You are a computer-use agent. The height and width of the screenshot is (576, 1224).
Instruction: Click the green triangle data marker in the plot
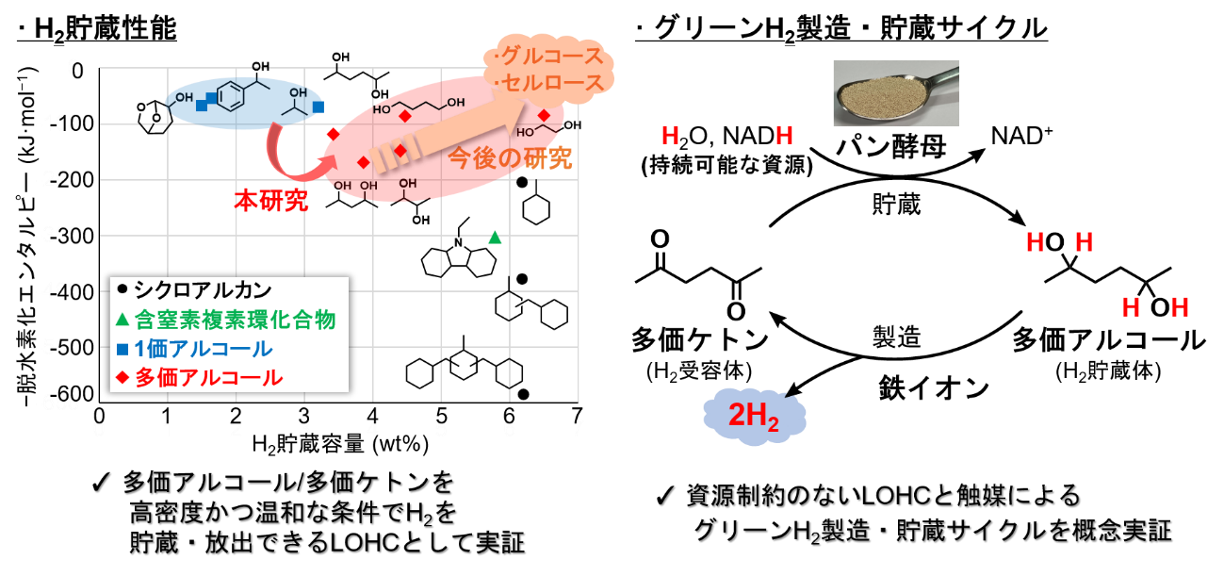(x=495, y=238)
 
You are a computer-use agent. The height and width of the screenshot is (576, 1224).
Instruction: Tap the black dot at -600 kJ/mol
(x=524, y=394)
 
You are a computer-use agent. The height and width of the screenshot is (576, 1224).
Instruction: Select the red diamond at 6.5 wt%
(x=544, y=115)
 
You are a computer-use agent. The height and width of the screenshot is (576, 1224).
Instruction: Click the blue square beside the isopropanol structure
(x=318, y=107)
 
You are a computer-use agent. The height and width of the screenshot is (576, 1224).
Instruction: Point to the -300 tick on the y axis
(x=72, y=236)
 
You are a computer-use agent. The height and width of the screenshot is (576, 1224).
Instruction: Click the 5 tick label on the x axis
(x=441, y=417)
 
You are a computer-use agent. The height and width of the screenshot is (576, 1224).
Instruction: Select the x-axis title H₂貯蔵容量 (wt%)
(x=340, y=444)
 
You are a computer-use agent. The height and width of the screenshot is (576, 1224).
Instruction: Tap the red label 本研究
(x=271, y=201)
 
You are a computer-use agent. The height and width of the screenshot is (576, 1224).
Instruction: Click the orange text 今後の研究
(x=509, y=158)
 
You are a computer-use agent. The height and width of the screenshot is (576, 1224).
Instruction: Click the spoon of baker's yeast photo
(x=896, y=93)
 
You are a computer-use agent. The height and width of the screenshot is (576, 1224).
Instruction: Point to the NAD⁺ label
(x=1021, y=136)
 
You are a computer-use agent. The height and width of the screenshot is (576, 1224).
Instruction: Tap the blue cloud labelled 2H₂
(x=754, y=417)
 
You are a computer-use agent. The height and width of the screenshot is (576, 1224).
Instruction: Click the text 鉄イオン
(x=933, y=388)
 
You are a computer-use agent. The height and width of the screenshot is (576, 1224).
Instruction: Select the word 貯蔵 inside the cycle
(x=896, y=205)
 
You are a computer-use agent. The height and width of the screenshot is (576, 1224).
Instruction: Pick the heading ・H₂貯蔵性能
(x=97, y=28)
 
